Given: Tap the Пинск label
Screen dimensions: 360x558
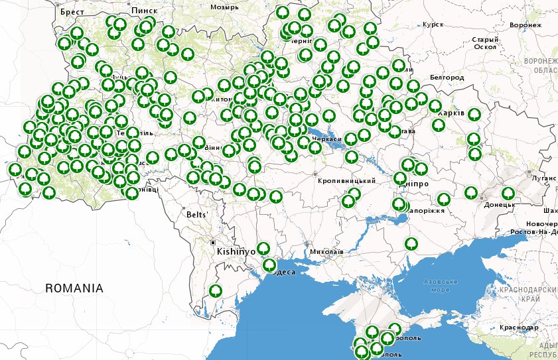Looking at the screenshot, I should [144, 11].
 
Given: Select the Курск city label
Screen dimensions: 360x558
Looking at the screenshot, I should [433, 25].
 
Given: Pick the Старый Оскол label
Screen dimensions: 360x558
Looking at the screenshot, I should [484, 43].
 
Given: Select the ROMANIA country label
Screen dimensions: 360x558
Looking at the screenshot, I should [74, 288].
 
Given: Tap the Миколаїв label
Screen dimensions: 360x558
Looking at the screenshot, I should [326, 253].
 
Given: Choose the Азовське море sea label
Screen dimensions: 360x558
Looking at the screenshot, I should [441, 286].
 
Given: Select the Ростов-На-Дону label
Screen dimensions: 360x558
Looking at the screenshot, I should [534, 233].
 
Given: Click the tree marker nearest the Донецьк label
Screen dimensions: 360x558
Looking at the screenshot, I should [508, 194].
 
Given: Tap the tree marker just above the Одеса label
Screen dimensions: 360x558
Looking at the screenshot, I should [269, 265].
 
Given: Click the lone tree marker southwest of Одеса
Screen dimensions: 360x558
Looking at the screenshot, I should [215, 291].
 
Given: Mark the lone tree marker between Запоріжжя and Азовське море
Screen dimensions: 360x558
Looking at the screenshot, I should [411, 243].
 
